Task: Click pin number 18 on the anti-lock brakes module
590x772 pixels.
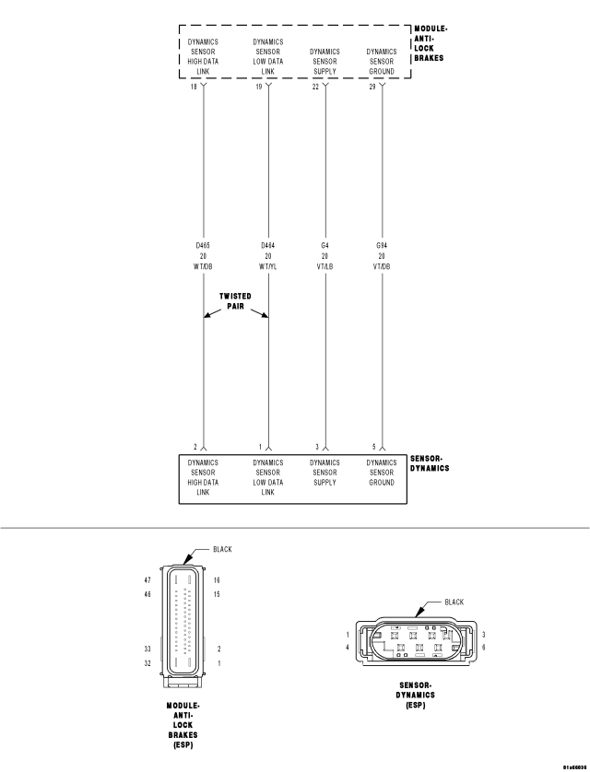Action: (x=194, y=87)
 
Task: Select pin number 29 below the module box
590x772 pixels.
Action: (x=372, y=87)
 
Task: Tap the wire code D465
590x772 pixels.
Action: (x=203, y=245)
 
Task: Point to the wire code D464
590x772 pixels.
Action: (x=268, y=245)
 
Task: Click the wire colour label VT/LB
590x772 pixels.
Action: (x=325, y=267)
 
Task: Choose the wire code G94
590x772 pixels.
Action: (x=382, y=245)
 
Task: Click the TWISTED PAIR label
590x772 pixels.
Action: (x=235, y=301)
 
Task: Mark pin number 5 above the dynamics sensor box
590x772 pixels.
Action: (x=373, y=447)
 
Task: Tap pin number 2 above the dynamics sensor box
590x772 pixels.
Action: (x=195, y=447)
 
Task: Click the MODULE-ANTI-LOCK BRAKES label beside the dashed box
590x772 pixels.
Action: (x=430, y=43)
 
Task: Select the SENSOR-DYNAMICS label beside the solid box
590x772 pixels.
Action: (x=430, y=463)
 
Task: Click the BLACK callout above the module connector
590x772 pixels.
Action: (x=222, y=549)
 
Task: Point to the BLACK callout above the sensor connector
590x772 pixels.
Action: (x=454, y=602)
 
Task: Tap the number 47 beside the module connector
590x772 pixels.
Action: (x=147, y=580)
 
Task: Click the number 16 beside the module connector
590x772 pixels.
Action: (x=217, y=580)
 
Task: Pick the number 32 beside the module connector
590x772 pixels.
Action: (x=147, y=663)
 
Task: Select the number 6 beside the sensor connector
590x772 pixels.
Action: (x=484, y=647)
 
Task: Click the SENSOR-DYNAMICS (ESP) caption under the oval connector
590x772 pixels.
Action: (x=415, y=696)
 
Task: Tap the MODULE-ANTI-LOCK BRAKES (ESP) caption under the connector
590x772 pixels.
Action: (x=183, y=725)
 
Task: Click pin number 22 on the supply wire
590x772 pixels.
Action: (x=315, y=87)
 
